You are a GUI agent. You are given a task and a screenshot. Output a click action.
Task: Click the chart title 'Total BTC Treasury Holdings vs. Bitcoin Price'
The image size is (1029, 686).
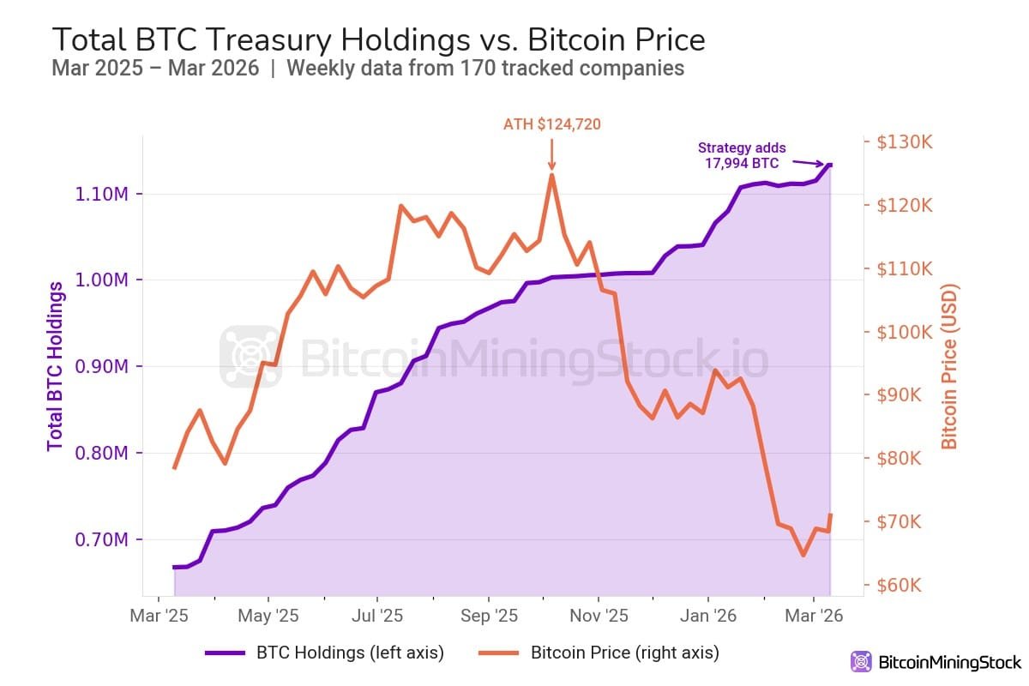pyautogui.click(x=378, y=39)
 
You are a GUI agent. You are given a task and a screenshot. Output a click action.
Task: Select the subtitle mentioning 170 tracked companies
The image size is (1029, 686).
pyautogui.click(x=368, y=69)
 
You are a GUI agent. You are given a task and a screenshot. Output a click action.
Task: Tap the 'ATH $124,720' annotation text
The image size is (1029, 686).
pyautogui.click(x=551, y=124)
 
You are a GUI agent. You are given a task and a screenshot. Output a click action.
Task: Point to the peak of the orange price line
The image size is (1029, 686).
pyautogui.click(x=551, y=175)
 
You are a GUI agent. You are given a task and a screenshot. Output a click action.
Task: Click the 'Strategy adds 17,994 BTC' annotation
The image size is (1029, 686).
pyautogui.click(x=742, y=155)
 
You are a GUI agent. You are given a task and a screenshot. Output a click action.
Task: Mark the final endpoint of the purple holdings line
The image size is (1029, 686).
pyautogui.click(x=829, y=165)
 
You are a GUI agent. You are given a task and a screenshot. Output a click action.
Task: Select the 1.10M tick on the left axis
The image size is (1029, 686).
pyautogui.click(x=101, y=194)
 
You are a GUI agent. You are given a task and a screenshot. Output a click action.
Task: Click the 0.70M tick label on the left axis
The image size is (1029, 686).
pyautogui.click(x=101, y=540)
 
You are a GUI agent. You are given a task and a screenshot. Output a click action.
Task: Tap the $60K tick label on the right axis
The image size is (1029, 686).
pyautogui.click(x=906, y=586)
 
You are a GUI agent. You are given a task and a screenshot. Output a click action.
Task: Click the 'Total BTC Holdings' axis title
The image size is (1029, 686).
pyautogui.click(x=56, y=366)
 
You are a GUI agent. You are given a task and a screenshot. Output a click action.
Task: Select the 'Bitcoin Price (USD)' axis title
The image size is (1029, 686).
pyautogui.click(x=949, y=366)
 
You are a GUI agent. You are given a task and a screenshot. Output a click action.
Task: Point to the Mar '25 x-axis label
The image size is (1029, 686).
pyautogui.click(x=159, y=616)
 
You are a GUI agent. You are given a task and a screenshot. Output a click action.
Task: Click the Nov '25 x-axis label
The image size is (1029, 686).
pyautogui.click(x=599, y=616)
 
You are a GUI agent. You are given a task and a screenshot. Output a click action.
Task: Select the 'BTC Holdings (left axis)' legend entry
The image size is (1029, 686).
pyautogui.click(x=326, y=653)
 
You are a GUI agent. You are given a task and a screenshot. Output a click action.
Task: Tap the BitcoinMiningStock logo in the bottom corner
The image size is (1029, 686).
pyautogui.click(x=936, y=662)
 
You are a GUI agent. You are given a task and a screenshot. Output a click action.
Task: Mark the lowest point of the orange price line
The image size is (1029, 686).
pyautogui.click(x=803, y=556)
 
